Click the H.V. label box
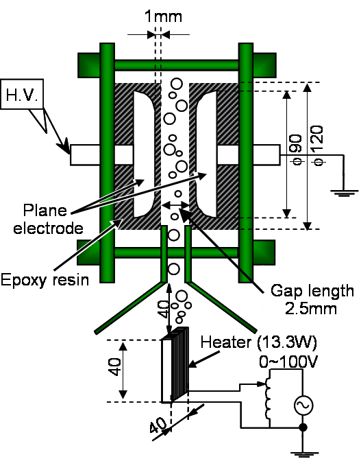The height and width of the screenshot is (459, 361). (x=22, y=94)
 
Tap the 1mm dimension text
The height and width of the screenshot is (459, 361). (x=164, y=16)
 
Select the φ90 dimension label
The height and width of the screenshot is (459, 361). (x=297, y=150)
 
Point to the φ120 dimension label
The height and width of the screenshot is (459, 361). (x=317, y=145)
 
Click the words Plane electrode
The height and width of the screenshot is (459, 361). (x=48, y=219)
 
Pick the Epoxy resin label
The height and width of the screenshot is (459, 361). (x=45, y=280)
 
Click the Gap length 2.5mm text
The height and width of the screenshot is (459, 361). (x=312, y=299)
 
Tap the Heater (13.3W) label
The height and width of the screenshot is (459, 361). (x=259, y=342)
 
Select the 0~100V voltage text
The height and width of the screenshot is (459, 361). (x=288, y=362)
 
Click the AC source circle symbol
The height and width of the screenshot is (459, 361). (x=303, y=405)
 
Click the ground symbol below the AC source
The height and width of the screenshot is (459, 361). (x=303, y=454)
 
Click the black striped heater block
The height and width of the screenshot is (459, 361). (x=179, y=364)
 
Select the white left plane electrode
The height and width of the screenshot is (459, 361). (x=144, y=154)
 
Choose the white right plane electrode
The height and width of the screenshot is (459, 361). (x=206, y=154)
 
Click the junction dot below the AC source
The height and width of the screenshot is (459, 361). (x=303, y=427)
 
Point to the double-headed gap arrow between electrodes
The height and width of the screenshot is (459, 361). (x=175, y=206)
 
